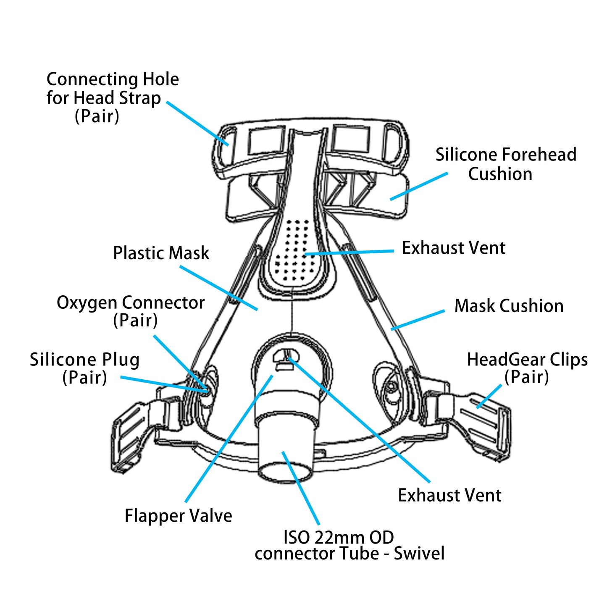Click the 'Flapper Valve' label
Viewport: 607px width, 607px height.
tap(178, 516)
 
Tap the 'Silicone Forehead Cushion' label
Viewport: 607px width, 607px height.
tap(505, 164)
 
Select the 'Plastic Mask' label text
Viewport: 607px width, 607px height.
tap(161, 253)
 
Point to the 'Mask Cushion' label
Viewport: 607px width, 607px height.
tap(509, 306)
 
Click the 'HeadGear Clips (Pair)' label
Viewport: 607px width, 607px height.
tap(527, 368)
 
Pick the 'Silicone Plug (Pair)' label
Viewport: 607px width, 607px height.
tap(84, 368)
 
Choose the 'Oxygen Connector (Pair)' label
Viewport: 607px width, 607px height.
tap(131, 311)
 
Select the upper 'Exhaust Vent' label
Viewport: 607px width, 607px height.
tap(453, 248)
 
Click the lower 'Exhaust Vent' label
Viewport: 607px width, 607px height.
tap(449, 496)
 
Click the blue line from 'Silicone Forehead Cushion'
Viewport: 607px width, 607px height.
tap(418, 186)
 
